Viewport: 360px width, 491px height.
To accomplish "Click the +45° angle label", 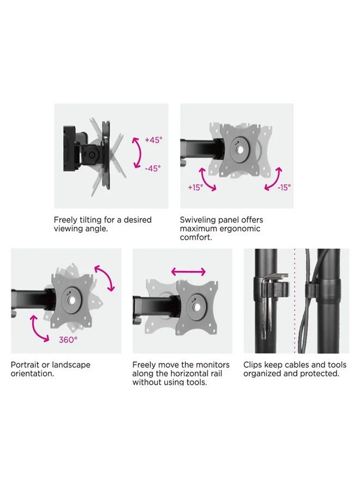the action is click(153, 140).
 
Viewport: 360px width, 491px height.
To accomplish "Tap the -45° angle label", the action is click(153, 169).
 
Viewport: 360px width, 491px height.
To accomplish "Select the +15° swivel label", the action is click(195, 187).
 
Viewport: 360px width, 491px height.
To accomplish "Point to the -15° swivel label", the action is click(284, 187).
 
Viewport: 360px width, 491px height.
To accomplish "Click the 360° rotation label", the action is click(68, 339).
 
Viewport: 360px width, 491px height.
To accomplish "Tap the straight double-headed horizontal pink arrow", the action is click(188, 272).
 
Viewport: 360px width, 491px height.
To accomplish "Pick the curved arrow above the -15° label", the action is click(275, 179).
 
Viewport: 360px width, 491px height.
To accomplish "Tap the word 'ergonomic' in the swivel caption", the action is click(240, 229).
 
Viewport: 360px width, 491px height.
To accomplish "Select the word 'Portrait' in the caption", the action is click(25, 365).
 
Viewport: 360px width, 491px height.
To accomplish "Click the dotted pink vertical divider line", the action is click(295, 301).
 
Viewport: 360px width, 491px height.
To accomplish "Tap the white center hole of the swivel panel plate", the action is click(240, 150).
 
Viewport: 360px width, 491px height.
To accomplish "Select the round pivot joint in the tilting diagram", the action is click(92, 155).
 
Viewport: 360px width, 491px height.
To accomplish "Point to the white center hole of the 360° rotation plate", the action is click(71, 300).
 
